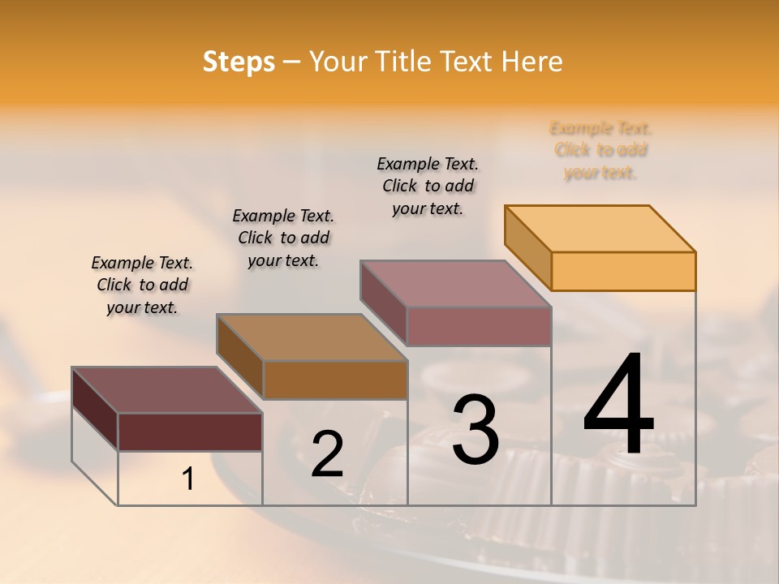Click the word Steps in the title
pyautogui.click(x=239, y=62)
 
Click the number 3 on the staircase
pyautogui.click(x=475, y=430)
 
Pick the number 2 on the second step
pyautogui.click(x=327, y=454)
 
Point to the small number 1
pyautogui.click(x=188, y=479)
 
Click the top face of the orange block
pyautogui.click(x=600, y=228)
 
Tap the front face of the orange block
pyautogui.click(x=623, y=271)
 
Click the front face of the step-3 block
pyautogui.click(x=479, y=326)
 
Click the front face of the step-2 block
pyautogui.click(x=335, y=380)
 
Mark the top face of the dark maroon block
pyautogui.click(x=167, y=390)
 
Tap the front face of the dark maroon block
pyautogui.click(x=190, y=432)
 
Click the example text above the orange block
pyautogui.click(x=600, y=150)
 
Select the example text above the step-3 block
pyautogui.click(x=428, y=186)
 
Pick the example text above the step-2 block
pyautogui.click(x=283, y=238)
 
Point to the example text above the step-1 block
pyautogui.click(x=142, y=285)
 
